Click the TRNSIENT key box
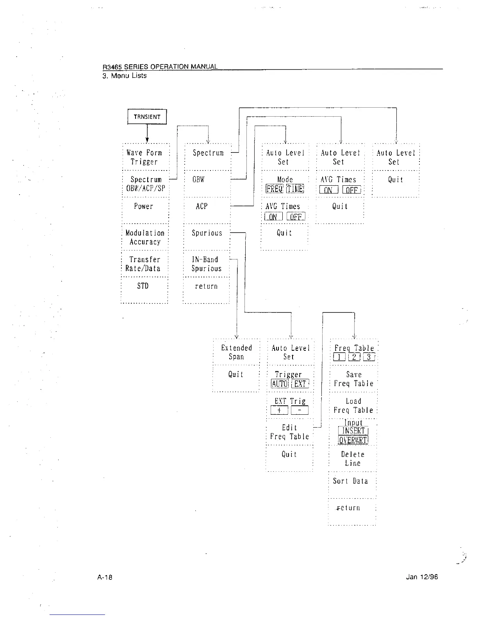[x=147, y=117]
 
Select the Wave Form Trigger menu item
[x=144, y=157]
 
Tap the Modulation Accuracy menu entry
[x=145, y=237]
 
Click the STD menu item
[x=143, y=286]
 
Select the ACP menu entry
[x=202, y=206]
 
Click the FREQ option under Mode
[x=274, y=189]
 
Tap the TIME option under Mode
[x=295, y=189]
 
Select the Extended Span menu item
[x=236, y=352]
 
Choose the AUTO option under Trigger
[x=280, y=384]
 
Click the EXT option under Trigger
[x=300, y=384]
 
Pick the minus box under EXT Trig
[x=300, y=410]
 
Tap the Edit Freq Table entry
[x=289, y=432]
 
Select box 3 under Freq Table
[x=369, y=357]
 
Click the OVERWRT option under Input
[x=353, y=440]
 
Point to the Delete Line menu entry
[x=353, y=459]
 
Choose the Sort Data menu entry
[x=350, y=481]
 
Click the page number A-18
[x=105, y=577]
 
